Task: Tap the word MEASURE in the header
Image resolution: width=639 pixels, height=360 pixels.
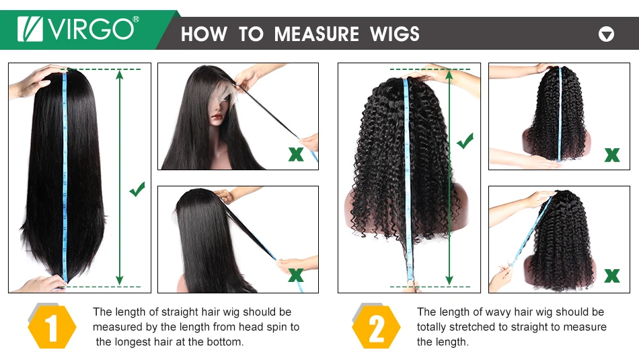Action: point(316,34)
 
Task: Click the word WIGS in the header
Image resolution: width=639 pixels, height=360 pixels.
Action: point(394,34)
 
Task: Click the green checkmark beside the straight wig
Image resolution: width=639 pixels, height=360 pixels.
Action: point(137,189)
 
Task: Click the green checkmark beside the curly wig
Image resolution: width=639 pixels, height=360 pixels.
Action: point(465,141)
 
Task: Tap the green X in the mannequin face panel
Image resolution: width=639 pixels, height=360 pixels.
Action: point(296,154)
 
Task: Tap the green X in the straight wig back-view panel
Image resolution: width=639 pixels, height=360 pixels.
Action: point(296,275)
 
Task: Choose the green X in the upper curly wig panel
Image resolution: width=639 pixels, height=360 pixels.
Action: point(612,155)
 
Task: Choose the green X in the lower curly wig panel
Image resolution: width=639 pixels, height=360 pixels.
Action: point(612,276)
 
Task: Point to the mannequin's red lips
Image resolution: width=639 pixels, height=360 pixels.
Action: point(217,118)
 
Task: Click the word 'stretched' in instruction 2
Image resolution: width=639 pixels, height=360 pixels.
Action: point(474,326)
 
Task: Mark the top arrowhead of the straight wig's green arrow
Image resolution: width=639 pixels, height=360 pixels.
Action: point(120,73)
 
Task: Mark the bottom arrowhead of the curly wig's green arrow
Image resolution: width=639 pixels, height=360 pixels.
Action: point(449,281)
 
